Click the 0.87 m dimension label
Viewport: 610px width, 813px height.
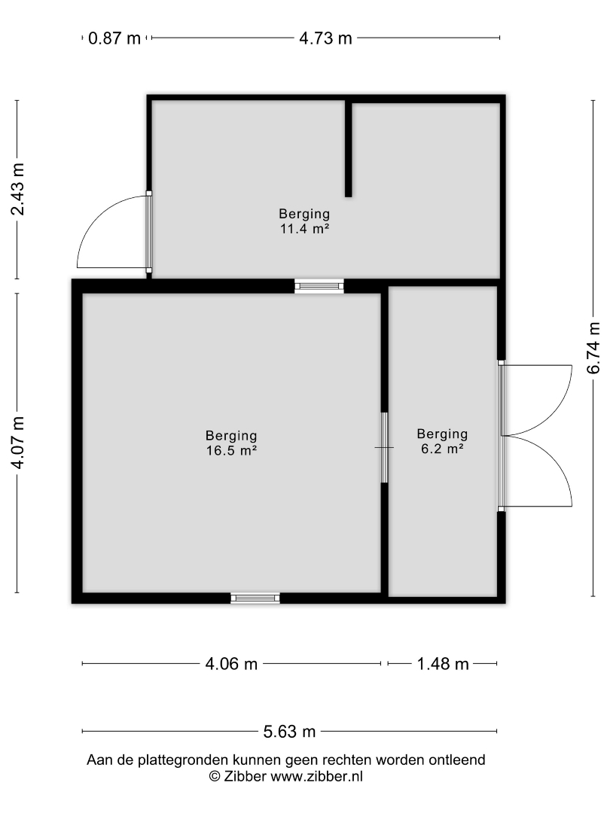coord(114,38)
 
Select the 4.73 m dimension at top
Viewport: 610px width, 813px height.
coord(325,38)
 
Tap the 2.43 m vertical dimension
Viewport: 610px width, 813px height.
coord(17,189)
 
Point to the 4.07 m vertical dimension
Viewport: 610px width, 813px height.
coord(17,443)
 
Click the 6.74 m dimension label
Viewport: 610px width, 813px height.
coord(593,348)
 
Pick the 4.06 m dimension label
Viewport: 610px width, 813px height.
coord(231,664)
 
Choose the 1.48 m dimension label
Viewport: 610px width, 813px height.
coord(443,664)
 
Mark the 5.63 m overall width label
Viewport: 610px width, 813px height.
coord(289,732)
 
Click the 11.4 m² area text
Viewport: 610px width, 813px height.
coord(305,229)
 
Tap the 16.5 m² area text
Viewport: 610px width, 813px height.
coord(231,451)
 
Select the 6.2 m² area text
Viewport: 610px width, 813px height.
coord(442,449)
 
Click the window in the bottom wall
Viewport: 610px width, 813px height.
coord(255,598)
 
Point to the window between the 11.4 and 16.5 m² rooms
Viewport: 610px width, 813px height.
coord(319,286)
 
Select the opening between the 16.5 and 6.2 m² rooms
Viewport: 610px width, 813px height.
coord(384,447)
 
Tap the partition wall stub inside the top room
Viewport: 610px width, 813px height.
coord(349,149)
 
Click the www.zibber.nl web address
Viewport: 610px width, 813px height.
coord(316,776)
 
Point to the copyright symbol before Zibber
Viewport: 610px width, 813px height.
coord(214,776)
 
